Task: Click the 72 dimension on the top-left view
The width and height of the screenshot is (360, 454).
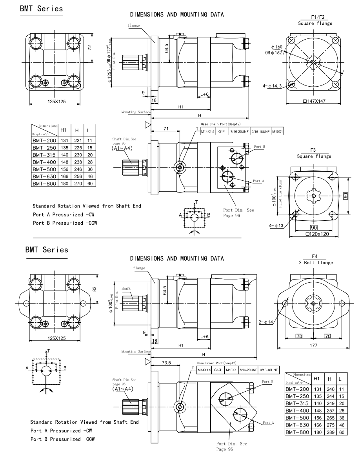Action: tap(90, 47)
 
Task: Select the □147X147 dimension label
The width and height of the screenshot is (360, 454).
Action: tap(315, 102)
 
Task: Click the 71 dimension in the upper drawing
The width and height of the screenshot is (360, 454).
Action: tap(166, 129)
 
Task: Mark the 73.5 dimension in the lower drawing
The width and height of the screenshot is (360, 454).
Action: tap(166, 363)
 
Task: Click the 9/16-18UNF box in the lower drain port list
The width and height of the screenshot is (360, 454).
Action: tap(267, 370)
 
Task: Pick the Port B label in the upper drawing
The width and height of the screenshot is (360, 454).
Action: tap(259, 147)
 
